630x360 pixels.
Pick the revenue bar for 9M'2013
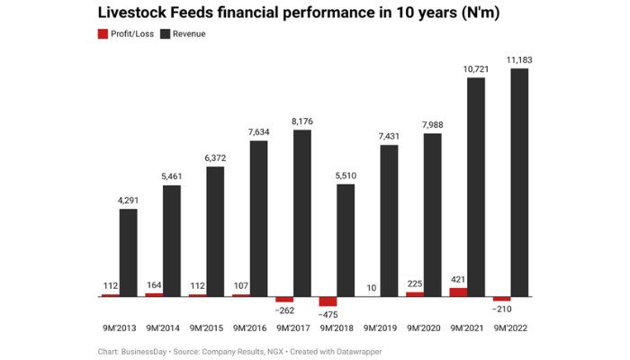(129, 252)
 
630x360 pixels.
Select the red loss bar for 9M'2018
(328, 301)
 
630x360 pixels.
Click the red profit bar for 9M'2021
(458, 292)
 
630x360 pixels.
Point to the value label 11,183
(519, 59)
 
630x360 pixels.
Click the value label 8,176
(302, 121)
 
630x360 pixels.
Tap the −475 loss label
(328, 314)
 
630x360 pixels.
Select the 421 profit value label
(458, 279)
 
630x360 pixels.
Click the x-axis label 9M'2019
(384, 328)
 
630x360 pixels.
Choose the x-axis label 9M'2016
(254, 328)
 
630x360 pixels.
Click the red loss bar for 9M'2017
(284, 299)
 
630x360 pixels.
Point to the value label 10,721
(476, 68)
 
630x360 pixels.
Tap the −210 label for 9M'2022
(501, 309)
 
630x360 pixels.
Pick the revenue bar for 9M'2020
(433, 214)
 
